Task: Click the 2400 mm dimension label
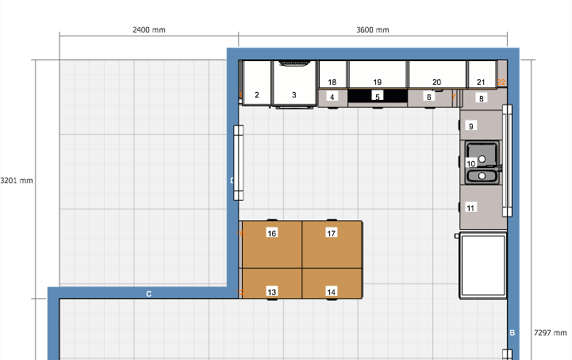point(149,30)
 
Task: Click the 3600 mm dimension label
point(372,30)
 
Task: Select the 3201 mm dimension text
point(17,181)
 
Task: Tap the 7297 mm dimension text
point(550,333)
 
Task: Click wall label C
point(149,293)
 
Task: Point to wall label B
point(512,333)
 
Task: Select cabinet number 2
point(257,82)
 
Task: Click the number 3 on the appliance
point(294,95)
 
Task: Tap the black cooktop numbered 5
point(378,96)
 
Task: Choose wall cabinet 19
point(378,74)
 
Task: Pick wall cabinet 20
point(437,74)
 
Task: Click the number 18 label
point(332,82)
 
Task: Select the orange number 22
point(501,82)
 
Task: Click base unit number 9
point(481,124)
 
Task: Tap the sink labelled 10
point(482,163)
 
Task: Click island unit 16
point(272,244)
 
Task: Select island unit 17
point(332,244)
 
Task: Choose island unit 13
point(272,283)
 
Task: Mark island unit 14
point(332,283)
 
